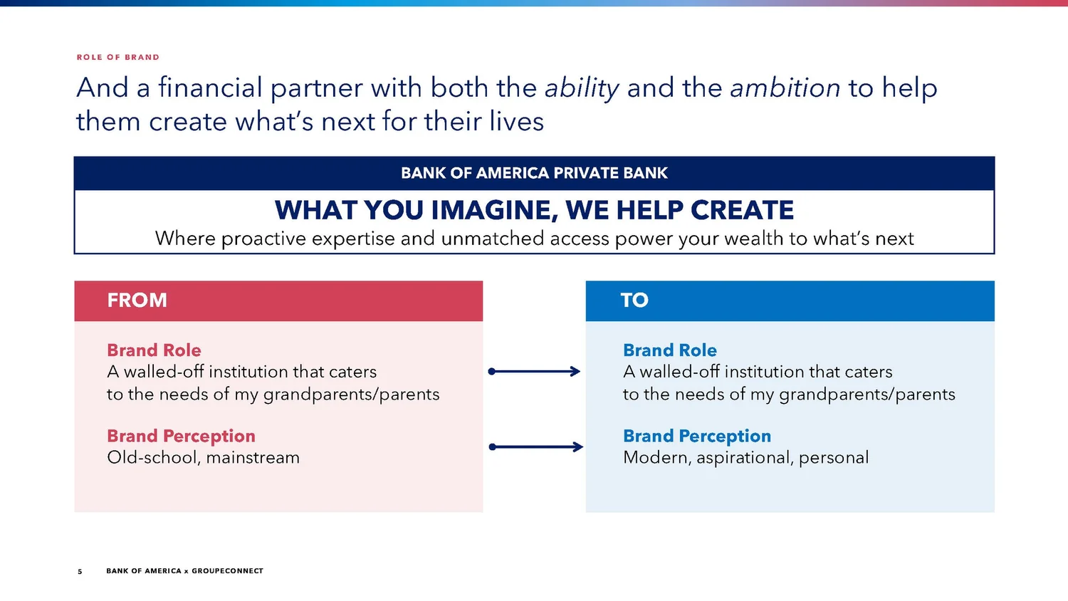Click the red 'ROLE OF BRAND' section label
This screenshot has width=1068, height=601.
click(x=117, y=57)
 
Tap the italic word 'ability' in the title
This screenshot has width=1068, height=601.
click(x=582, y=88)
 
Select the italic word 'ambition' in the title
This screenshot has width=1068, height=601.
click(x=785, y=88)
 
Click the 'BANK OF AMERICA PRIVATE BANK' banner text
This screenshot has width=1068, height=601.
click(x=534, y=173)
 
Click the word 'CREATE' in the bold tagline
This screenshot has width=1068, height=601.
click(x=742, y=211)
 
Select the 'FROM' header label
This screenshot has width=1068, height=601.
click(x=137, y=300)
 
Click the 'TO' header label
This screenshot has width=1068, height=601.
click(x=634, y=300)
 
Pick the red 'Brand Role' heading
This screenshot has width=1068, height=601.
click(x=154, y=350)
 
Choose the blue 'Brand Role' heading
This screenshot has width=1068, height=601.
click(x=669, y=350)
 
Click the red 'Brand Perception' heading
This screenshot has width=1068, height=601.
click(x=181, y=436)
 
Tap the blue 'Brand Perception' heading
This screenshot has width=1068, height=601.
click(x=696, y=436)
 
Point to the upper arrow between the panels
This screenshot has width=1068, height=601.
click(x=534, y=371)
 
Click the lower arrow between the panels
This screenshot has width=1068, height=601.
click(x=535, y=447)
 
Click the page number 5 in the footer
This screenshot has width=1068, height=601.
click(x=80, y=571)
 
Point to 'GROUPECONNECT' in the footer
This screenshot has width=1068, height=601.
click(x=227, y=571)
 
